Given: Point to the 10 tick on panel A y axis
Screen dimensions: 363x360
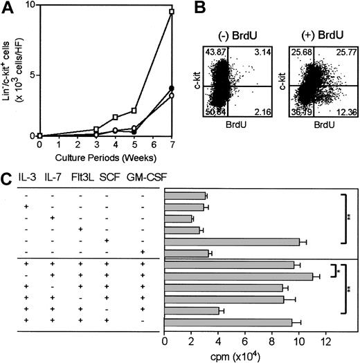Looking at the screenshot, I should tap(31, 6).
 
